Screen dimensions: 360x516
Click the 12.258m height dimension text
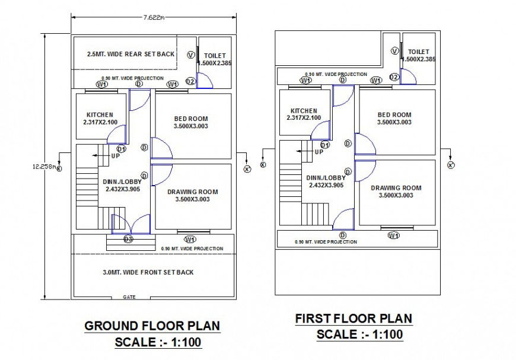pos(44,167)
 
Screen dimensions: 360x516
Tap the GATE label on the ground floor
pos(129,297)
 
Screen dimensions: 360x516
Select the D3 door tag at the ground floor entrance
pos(128,239)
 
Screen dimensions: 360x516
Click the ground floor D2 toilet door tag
pos(190,81)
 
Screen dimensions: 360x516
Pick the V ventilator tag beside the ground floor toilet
pos(190,55)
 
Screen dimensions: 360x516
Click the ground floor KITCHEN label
pos(100,115)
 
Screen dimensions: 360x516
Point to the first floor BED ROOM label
pos(394,115)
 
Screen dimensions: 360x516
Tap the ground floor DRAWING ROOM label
pos(192,192)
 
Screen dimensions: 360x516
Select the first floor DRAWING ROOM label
pos(396,188)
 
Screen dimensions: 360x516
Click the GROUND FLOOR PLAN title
pos(152,326)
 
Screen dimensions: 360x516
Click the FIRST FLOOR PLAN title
pos(353,318)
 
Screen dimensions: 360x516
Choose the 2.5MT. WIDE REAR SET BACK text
pos(130,54)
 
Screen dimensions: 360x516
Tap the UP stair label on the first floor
pos(319,152)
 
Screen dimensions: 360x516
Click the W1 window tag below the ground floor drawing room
pos(190,240)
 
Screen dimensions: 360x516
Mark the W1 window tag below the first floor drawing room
pos(393,235)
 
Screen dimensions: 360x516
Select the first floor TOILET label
pos(419,52)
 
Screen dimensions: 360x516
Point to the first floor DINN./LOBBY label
pos(326,177)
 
